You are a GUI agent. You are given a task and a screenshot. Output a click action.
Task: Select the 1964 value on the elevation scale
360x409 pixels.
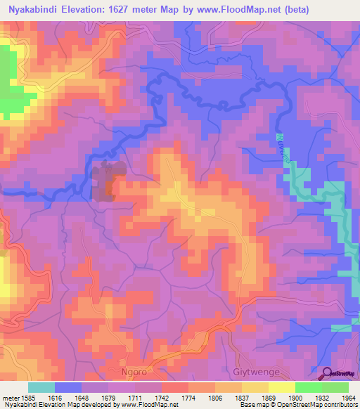coord(348,398)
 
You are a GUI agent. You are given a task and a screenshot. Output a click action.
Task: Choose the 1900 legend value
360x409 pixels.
coord(281,398)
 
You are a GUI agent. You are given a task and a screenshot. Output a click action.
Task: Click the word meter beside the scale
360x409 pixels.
coord(9,398)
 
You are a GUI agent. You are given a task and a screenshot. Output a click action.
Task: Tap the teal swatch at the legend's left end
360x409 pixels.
coord(41,387)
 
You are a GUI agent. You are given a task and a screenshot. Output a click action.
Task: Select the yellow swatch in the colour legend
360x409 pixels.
coord(282,387)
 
